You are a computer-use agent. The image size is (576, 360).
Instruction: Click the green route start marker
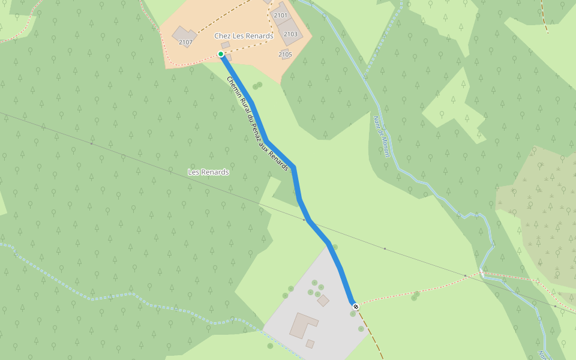221,55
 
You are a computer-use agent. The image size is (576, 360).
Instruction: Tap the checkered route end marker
356,307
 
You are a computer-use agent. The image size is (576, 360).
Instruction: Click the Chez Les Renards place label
244,36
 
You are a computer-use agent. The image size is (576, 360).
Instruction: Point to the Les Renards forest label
208,172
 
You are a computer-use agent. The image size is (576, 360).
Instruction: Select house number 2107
185,42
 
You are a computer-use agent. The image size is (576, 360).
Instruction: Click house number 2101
280,15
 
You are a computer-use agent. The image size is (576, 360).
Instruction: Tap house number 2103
290,34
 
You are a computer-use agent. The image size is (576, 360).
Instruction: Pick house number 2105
285,55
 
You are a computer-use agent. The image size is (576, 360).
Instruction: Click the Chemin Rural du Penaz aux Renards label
258,124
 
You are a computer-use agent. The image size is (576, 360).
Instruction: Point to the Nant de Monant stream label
382,137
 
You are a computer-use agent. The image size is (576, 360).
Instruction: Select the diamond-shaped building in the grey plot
323,300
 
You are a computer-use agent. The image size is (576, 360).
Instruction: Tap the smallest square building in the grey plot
310,344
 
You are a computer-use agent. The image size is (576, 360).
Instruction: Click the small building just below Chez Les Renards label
226,45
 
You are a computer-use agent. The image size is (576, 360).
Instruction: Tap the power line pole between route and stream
385,248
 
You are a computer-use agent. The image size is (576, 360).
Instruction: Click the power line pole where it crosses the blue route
304,220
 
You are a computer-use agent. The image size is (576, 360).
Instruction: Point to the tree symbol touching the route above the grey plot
335,247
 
